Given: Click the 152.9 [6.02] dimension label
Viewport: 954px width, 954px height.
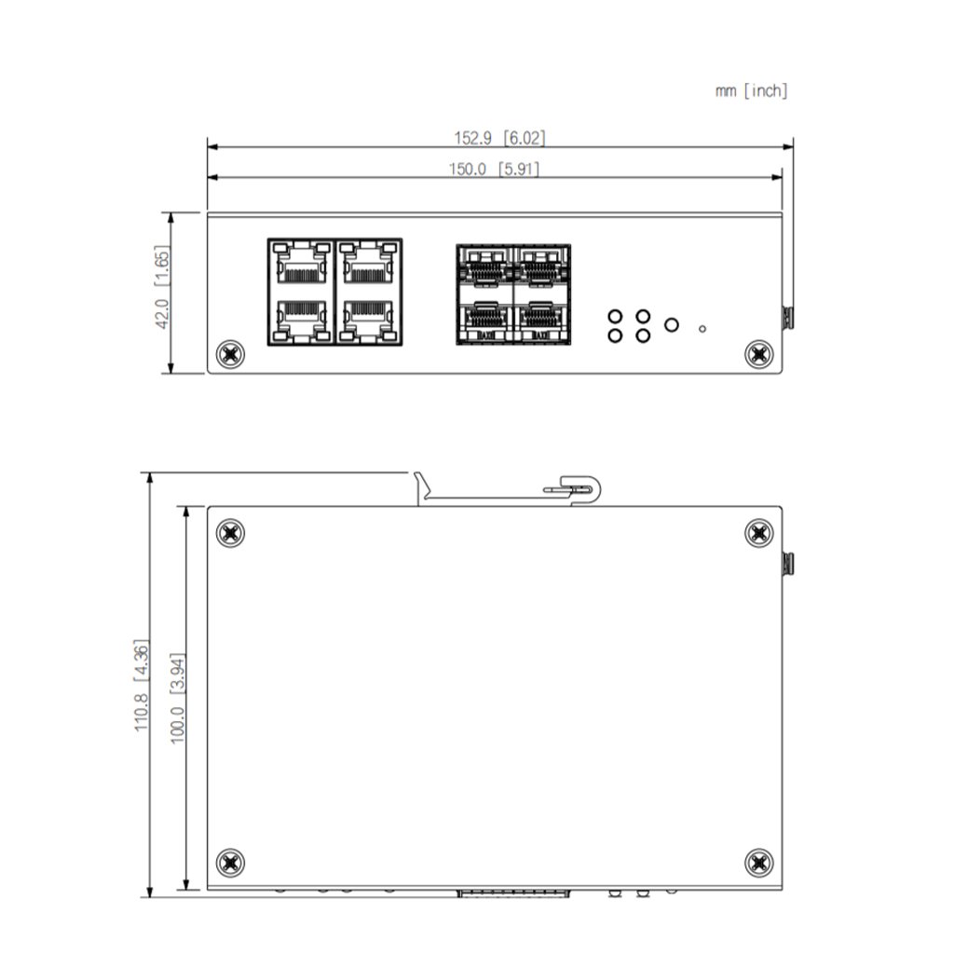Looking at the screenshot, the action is click(499, 138).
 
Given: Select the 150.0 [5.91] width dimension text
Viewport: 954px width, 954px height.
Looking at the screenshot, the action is click(494, 169).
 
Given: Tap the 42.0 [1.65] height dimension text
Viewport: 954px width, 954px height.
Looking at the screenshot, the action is click(162, 287).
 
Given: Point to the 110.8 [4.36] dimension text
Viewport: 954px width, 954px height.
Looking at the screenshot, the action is click(141, 685).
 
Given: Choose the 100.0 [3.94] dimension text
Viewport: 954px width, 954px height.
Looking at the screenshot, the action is click(177, 698).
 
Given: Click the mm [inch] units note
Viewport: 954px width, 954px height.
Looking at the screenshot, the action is click(752, 91).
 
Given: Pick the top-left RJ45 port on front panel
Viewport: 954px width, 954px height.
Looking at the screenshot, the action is click(301, 263).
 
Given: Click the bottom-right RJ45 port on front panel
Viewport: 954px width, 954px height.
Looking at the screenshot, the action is click(367, 320).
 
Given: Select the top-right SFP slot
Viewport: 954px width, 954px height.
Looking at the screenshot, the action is click(541, 266).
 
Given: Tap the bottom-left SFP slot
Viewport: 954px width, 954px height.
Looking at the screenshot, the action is click(485, 320).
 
